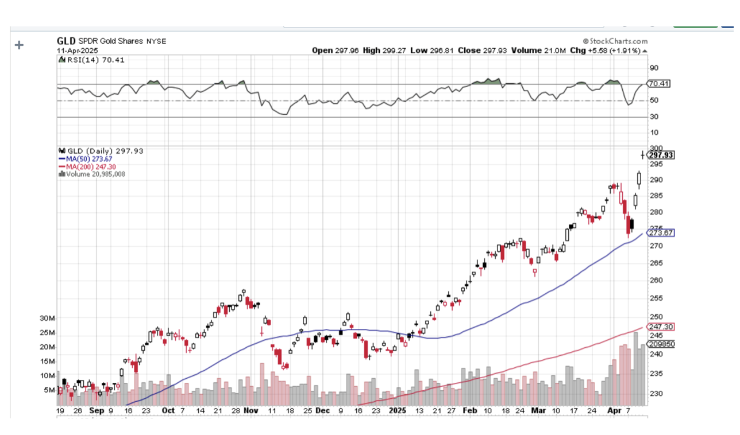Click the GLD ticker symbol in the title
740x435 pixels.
pyautogui.click(x=66, y=41)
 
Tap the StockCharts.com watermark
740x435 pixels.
pyautogui.click(x=615, y=41)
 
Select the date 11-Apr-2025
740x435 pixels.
pyautogui.click(x=78, y=51)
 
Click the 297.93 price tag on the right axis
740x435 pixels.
pyautogui.click(x=660, y=155)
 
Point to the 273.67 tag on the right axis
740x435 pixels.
pyautogui.click(x=660, y=233)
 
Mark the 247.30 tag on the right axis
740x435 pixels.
pyautogui.click(x=660, y=327)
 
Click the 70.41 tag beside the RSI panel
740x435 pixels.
pyautogui.click(x=658, y=84)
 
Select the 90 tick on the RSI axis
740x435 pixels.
pyautogui.click(x=654, y=68)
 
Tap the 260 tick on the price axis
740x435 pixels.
pyautogui.click(x=656, y=280)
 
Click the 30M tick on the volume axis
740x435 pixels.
pyautogui.click(x=47, y=319)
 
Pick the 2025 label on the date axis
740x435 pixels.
pyautogui.click(x=397, y=411)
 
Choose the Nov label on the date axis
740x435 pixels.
pyautogui.click(x=251, y=411)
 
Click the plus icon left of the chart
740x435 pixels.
pyautogui.click(x=20, y=45)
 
